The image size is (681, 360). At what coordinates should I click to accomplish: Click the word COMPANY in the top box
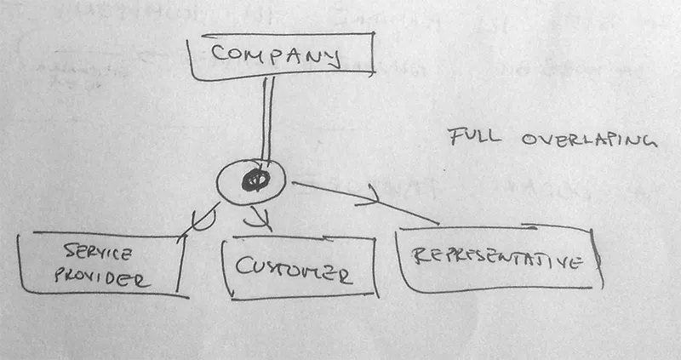coord(276,55)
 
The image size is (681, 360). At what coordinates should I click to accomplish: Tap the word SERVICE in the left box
coord(97,252)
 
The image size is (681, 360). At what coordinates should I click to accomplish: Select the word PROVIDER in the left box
coord(102,278)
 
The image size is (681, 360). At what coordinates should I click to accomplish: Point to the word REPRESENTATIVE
coord(497,259)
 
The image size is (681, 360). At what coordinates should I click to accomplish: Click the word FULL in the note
coord(474,137)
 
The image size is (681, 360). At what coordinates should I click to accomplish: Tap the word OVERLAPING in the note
coord(590,140)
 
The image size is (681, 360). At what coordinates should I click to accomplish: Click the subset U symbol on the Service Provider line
coord(203,219)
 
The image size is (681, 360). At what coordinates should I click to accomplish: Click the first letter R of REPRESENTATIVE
coord(419,256)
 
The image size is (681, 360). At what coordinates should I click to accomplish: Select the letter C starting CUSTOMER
coord(243,266)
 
